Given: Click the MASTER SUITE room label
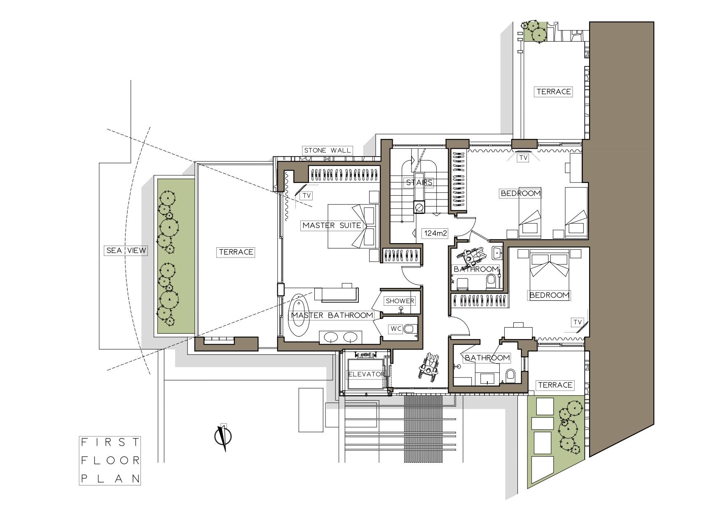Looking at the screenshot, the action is point(332,225).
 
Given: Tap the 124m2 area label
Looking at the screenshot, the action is point(436,233).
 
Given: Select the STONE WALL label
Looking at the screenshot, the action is point(328,150).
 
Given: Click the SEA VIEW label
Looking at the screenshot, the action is point(126,250).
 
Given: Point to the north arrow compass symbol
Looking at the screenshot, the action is point(224,438).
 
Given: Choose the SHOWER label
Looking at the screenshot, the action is point(400,301).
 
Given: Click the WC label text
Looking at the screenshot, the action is point(396,329).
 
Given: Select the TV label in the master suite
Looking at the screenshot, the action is point(307,196).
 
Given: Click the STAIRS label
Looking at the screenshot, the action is point(419,182).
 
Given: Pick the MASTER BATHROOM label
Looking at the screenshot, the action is point(332,316).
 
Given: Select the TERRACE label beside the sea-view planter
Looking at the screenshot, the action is point(236,252).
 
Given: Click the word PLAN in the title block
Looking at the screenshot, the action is point(110,478).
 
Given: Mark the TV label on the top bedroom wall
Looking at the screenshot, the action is point(523,158).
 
